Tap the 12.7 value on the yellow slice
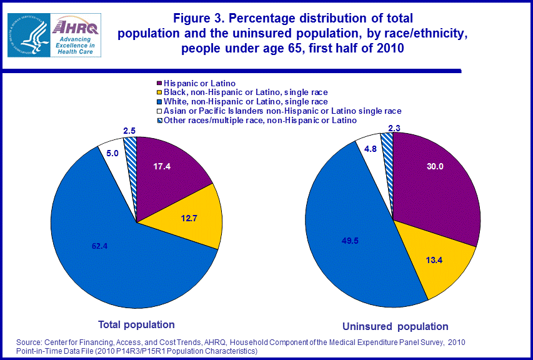click(189, 219)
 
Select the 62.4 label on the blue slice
click(100, 246)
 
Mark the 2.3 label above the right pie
click(396, 128)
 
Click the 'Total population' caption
click(136, 324)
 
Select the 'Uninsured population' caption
click(396, 326)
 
